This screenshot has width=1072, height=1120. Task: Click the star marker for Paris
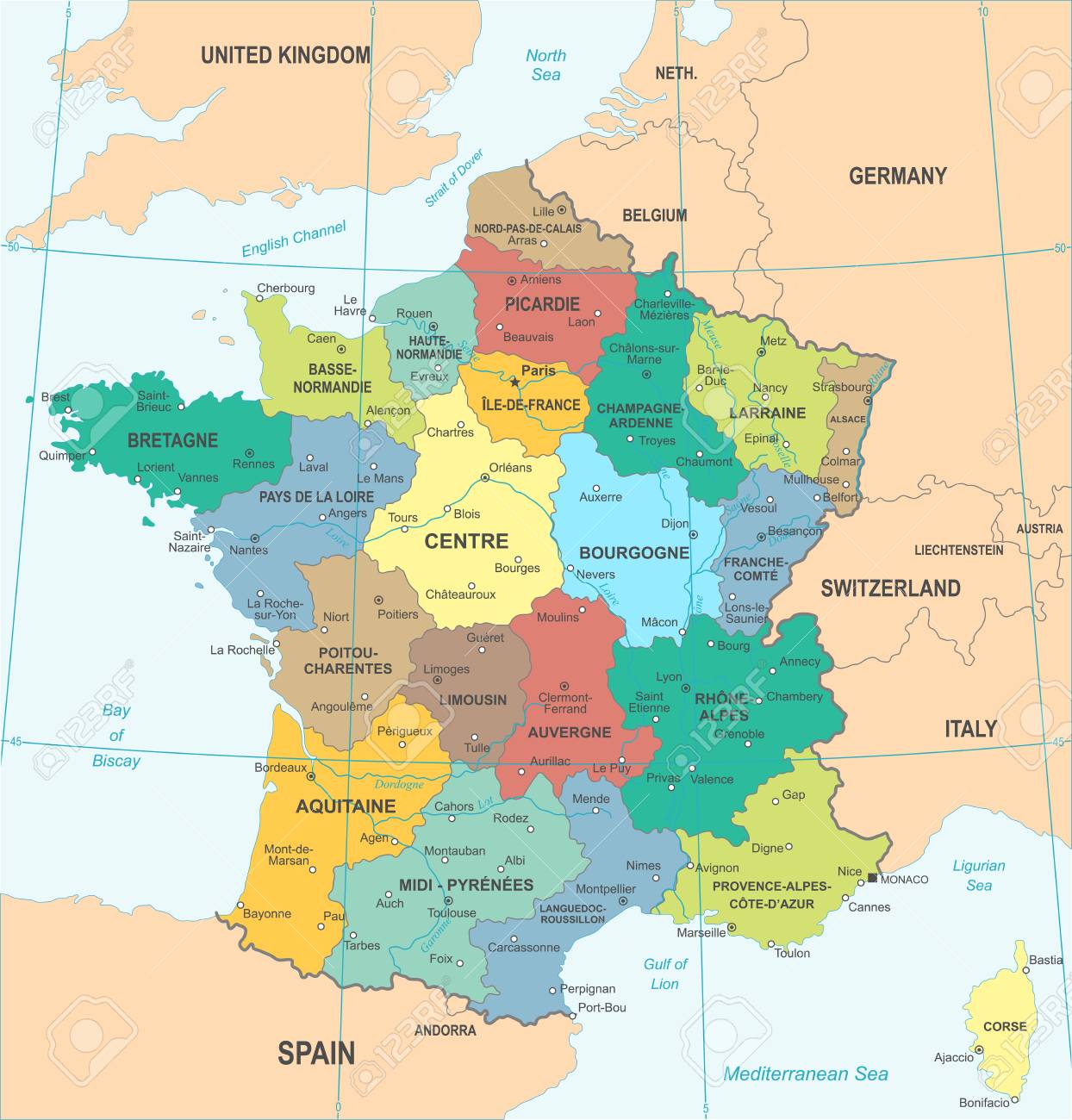pos(514,382)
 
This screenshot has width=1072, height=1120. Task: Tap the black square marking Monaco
pos(872,878)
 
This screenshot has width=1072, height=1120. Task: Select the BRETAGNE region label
pos(172,440)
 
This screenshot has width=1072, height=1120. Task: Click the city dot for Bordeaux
pos(311,776)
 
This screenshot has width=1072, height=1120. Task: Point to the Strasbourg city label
pos(841,387)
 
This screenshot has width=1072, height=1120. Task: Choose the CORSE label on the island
pos(1005,1026)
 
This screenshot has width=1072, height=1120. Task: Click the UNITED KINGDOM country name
pos(285,56)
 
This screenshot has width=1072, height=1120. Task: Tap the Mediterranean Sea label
pos(805,1073)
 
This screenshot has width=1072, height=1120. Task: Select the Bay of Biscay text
pos(115,735)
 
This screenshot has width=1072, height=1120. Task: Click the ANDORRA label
pos(445,1030)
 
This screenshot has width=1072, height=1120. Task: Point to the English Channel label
pos(293,238)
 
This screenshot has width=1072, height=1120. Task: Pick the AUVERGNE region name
pos(569,731)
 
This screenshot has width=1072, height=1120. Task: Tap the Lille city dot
pos(561,209)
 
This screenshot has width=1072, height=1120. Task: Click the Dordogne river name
pos(399,784)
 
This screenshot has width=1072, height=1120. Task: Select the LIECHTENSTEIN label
pos(958,550)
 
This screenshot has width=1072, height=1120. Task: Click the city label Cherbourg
pos(286,288)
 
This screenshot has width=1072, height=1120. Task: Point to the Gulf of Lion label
pos(664,974)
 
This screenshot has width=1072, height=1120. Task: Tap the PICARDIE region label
pos(542,304)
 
